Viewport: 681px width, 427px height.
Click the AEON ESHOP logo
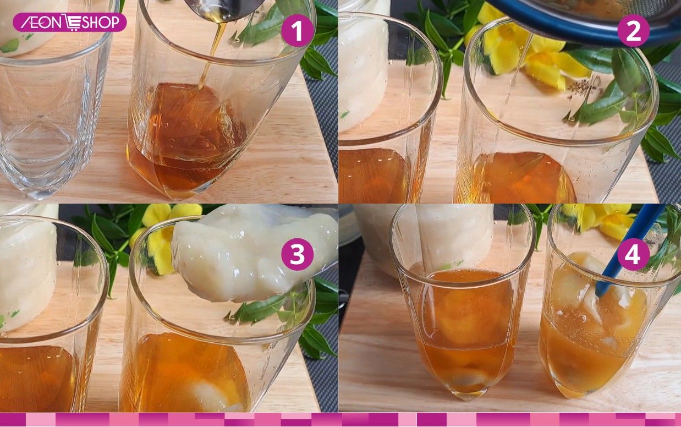tap(70, 22)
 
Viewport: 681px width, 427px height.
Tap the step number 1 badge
tap(297, 30)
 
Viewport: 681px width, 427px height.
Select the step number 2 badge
tap(633, 30)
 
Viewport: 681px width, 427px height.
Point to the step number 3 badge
tap(297, 254)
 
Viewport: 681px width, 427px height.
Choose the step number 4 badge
tap(633, 254)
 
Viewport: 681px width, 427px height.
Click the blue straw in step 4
tap(629, 249)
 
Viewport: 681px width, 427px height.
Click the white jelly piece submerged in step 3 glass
tap(213, 396)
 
